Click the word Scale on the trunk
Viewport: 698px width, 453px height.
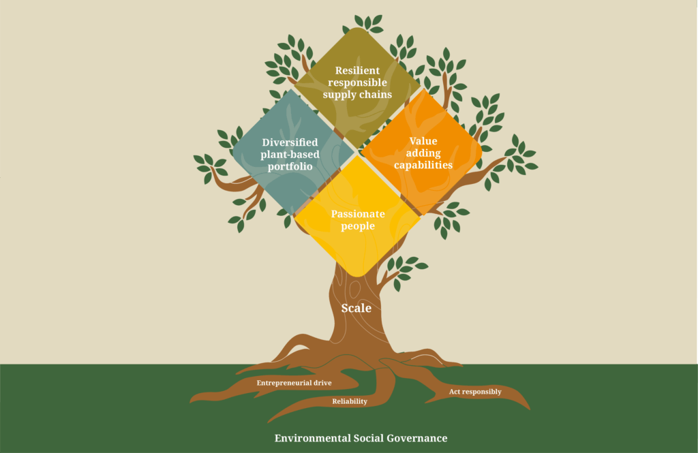point(356,309)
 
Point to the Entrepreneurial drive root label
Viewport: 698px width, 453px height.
point(294,383)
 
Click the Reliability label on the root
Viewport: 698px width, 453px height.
point(350,401)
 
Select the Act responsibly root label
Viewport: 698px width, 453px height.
point(475,392)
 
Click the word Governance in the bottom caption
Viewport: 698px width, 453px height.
point(418,438)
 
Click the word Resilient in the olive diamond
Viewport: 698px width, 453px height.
point(357,70)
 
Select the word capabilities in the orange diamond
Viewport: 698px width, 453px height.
point(423,165)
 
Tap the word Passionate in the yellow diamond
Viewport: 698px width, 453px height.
point(358,214)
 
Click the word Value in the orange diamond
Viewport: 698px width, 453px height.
point(423,141)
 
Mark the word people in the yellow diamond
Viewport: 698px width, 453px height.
point(358,225)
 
